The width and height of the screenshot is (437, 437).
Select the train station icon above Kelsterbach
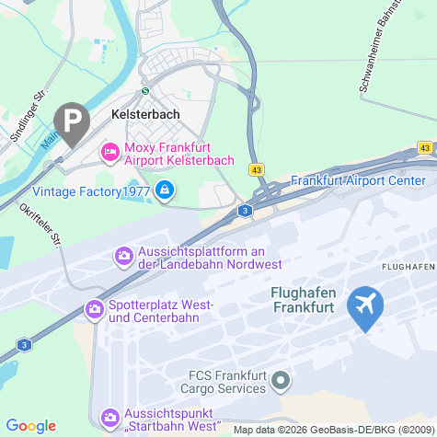click(144, 91)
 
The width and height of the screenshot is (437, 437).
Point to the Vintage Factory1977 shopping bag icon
click(165, 190)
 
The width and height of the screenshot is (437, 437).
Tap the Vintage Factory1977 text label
click(90, 191)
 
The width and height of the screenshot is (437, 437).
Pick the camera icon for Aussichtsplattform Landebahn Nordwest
click(122, 255)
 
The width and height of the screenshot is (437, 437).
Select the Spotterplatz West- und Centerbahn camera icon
click(94, 309)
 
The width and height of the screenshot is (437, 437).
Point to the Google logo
click(31, 425)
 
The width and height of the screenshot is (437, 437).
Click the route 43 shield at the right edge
click(424, 147)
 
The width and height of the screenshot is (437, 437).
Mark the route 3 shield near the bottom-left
click(24, 345)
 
